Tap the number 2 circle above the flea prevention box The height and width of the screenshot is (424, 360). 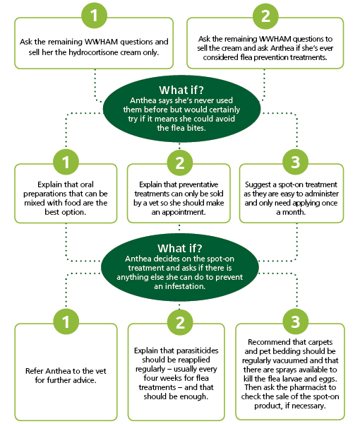pos(265,16)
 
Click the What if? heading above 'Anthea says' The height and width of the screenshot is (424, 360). pos(181,90)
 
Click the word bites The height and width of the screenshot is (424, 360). pos(197,128)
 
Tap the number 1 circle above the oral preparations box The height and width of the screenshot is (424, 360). pos(66,162)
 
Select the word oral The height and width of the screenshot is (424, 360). pos(87,184)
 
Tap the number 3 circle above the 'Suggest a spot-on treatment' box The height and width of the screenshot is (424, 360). pos(295,162)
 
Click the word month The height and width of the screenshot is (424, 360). pos(294,212)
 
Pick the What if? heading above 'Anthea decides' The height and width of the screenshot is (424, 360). pos(179,248)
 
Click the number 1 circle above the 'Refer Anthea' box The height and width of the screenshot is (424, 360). pos(66,322)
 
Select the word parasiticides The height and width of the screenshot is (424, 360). pos(196,351)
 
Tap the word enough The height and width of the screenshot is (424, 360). pos(194,396)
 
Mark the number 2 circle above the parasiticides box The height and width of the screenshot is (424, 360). pos(180,322)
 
